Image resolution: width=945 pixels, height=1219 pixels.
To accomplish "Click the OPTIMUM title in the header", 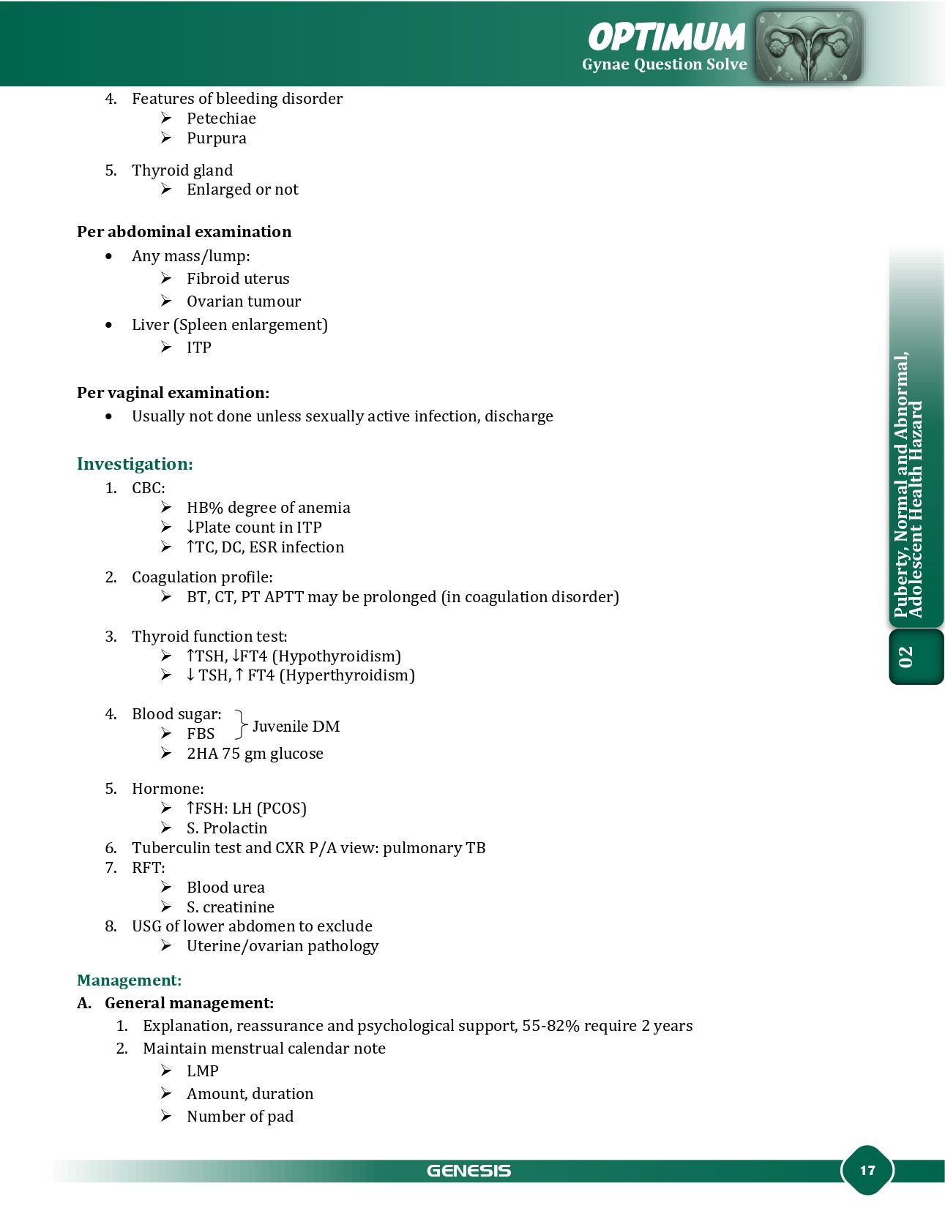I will [x=666, y=37].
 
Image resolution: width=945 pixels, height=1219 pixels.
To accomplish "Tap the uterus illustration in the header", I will [x=808, y=46].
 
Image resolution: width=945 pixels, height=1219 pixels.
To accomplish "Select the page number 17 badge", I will [x=867, y=1170].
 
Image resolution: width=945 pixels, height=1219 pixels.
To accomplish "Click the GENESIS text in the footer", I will [x=468, y=1171].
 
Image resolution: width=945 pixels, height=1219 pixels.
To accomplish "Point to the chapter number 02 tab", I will [x=906, y=656].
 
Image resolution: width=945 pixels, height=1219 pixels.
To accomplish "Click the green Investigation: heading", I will [x=135, y=464].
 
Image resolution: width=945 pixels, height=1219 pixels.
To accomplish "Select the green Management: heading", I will [x=129, y=980].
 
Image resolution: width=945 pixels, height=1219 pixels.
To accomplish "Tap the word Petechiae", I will [x=221, y=119].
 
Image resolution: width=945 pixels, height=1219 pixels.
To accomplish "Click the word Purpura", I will [x=216, y=138].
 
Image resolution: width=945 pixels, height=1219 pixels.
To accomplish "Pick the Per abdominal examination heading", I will [x=184, y=232].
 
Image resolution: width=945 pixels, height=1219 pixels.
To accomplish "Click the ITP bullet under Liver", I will [x=198, y=348].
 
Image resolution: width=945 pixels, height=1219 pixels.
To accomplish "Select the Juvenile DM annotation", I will [x=296, y=727].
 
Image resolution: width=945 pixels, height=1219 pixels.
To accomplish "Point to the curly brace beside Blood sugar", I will [x=240, y=724].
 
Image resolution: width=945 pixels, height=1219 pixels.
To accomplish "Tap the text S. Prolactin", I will [x=227, y=828].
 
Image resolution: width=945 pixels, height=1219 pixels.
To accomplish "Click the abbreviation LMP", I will [x=202, y=1071].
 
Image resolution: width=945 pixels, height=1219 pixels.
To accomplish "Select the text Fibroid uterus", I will [x=238, y=279].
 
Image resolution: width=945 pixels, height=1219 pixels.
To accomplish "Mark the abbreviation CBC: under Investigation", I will [x=149, y=488].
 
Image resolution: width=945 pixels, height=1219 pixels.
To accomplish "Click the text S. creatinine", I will [x=230, y=907].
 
